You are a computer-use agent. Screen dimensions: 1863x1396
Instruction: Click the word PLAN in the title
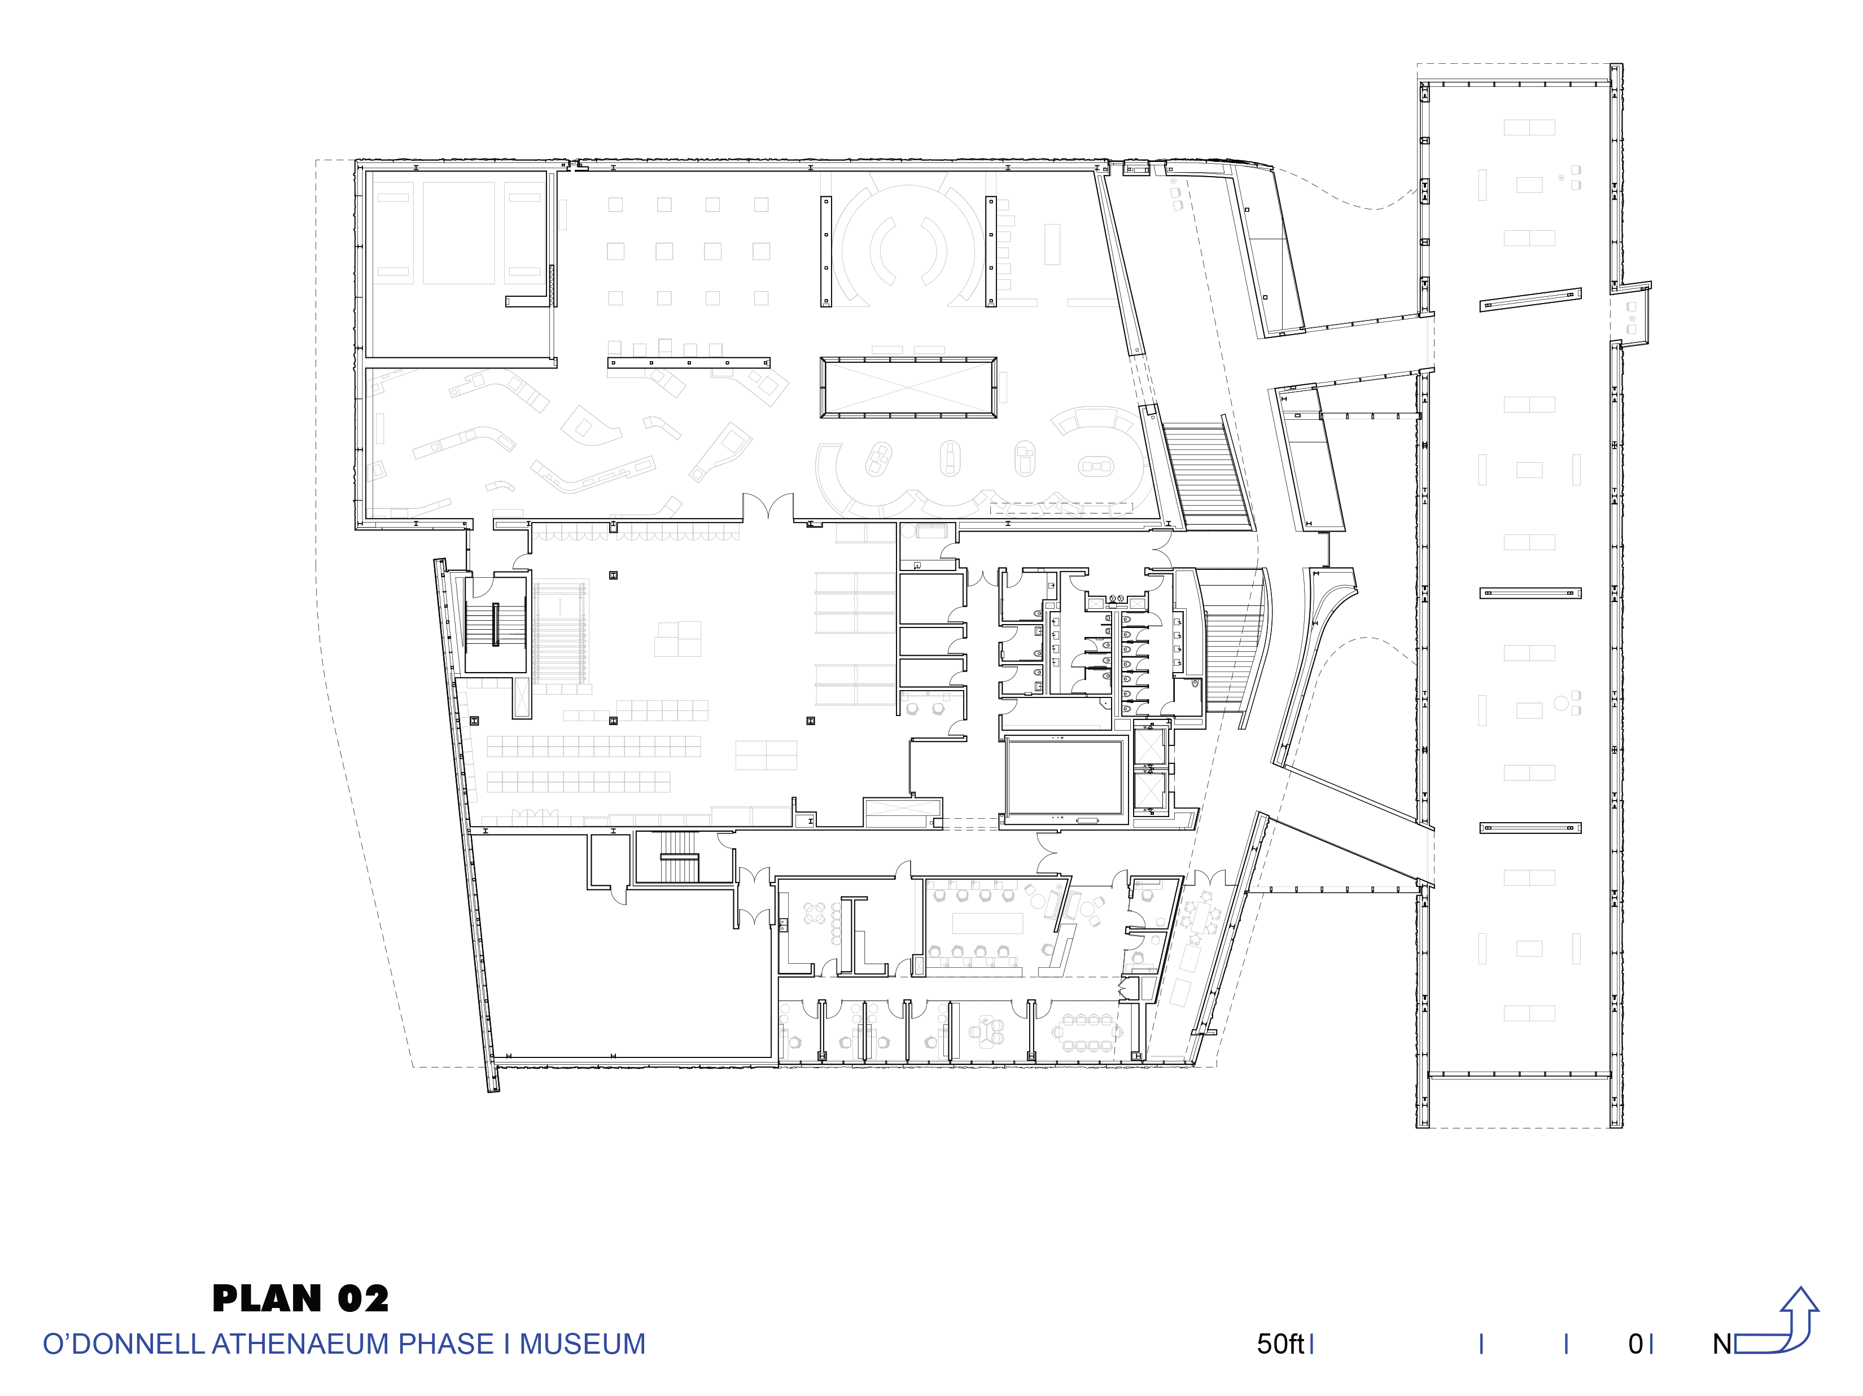pos(267,1298)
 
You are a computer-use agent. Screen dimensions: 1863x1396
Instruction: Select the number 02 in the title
pos(363,1298)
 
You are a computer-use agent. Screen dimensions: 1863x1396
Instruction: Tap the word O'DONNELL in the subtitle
pos(124,1344)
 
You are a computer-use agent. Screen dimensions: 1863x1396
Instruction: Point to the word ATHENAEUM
pos(301,1344)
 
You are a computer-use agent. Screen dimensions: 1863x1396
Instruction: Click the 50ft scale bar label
pos(1280,1344)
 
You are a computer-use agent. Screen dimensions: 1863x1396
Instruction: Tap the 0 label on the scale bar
pos(1635,1344)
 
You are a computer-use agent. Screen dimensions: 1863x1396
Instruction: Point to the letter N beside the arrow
pos(1722,1344)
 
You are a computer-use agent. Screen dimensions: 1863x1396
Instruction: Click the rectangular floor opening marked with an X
pos(909,387)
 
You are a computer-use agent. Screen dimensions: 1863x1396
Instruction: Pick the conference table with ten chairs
pos(1087,1032)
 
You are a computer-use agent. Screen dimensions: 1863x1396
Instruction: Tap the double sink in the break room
pos(783,926)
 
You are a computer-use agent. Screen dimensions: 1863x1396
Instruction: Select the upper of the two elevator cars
pos(1149,745)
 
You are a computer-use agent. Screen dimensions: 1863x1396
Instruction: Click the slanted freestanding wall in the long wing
pos(1530,300)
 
